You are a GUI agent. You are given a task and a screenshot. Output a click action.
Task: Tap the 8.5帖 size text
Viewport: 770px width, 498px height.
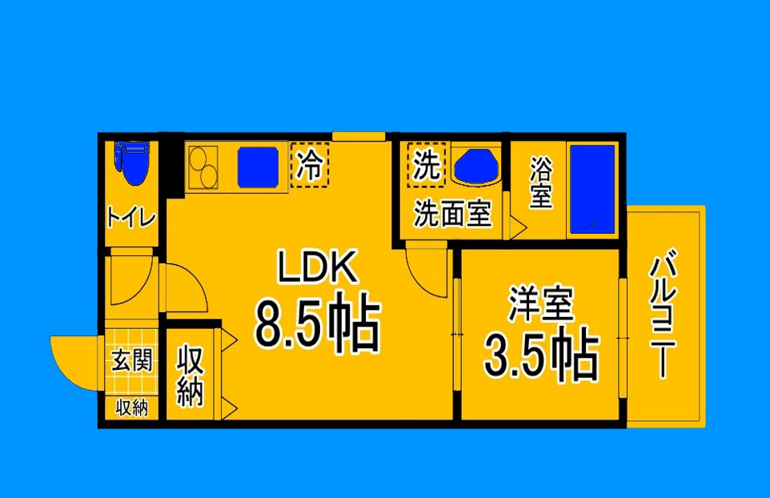(316, 323)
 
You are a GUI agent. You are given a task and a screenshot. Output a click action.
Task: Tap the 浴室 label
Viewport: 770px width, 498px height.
(541, 183)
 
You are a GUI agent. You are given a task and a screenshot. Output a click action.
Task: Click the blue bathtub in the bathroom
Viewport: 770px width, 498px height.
(592, 190)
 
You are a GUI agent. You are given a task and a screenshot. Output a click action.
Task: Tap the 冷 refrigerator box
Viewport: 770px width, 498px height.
(309, 165)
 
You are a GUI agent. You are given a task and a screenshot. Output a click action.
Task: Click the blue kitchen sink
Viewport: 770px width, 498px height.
(257, 166)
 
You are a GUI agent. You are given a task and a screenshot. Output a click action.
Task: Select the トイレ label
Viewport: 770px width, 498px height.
(131, 216)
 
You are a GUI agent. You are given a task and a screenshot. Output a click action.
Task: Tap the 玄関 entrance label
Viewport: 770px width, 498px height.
(132, 361)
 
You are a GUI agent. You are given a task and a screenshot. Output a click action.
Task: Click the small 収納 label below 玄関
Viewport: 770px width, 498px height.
(132, 408)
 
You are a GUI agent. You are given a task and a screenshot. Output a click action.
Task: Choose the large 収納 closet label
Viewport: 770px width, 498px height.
(190, 375)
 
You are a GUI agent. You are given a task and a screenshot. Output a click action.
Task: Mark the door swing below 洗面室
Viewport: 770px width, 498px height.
(427, 270)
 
